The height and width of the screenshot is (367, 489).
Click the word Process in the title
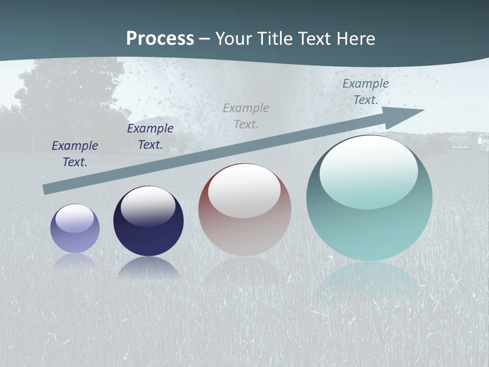point(160,39)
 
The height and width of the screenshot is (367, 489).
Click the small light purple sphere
point(75,229)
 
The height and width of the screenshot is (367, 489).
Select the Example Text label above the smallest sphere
point(75,153)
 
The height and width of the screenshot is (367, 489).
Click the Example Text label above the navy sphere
point(150,136)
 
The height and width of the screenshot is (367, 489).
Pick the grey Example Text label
point(246,116)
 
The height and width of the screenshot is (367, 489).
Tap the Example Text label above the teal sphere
point(366,91)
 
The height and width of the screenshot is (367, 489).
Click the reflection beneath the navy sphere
point(148,268)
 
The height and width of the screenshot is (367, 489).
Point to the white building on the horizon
point(481,140)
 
